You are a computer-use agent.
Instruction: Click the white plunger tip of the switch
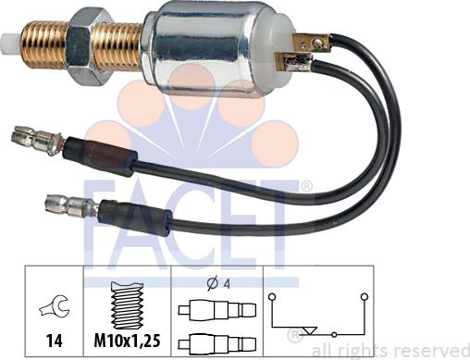tap(11, 43)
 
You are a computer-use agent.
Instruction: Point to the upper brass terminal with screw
tap(312, 43)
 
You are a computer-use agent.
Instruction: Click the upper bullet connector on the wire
tap(36, 140)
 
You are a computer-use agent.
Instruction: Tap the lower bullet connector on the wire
tap(71, 207)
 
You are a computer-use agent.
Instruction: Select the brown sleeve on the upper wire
tap(99, 155)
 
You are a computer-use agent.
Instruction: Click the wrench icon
tap(55, 306)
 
